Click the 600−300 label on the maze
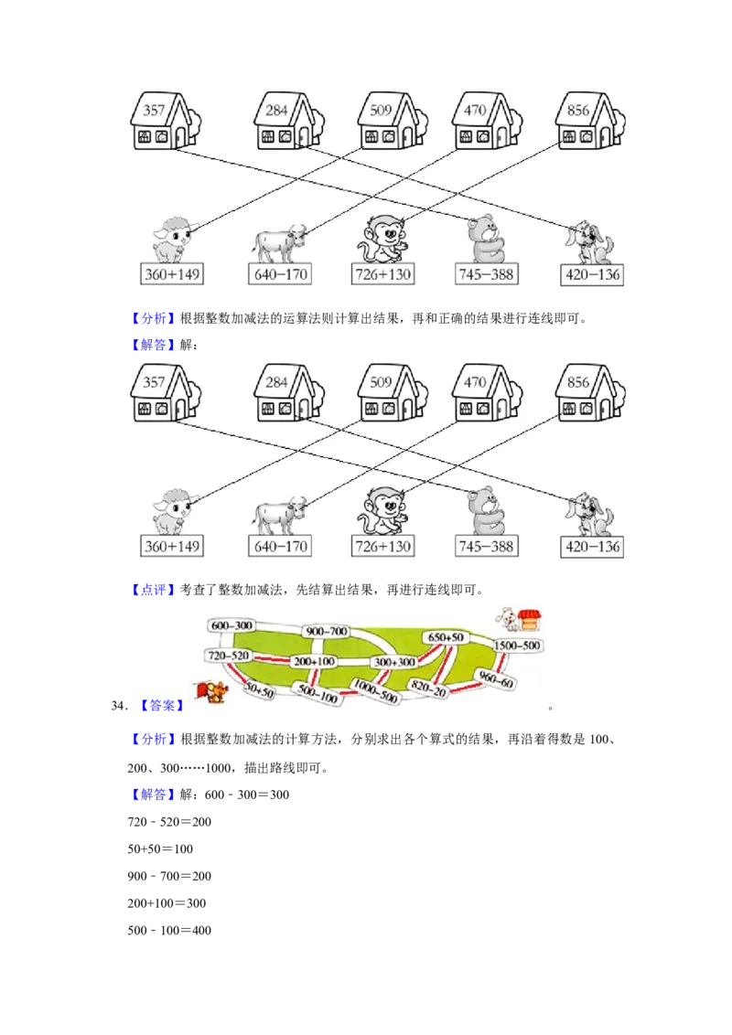pos(231,625)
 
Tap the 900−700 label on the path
pos(327,632)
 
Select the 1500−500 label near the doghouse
pos(518,646)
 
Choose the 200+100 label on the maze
pos(314,661)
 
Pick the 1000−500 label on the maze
pos(375,691)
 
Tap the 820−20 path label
pos(428,689)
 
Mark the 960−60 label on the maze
pos(496,681)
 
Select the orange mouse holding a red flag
pos(212,692)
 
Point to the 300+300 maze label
pos(393,661)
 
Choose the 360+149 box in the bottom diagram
pos(172,547)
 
